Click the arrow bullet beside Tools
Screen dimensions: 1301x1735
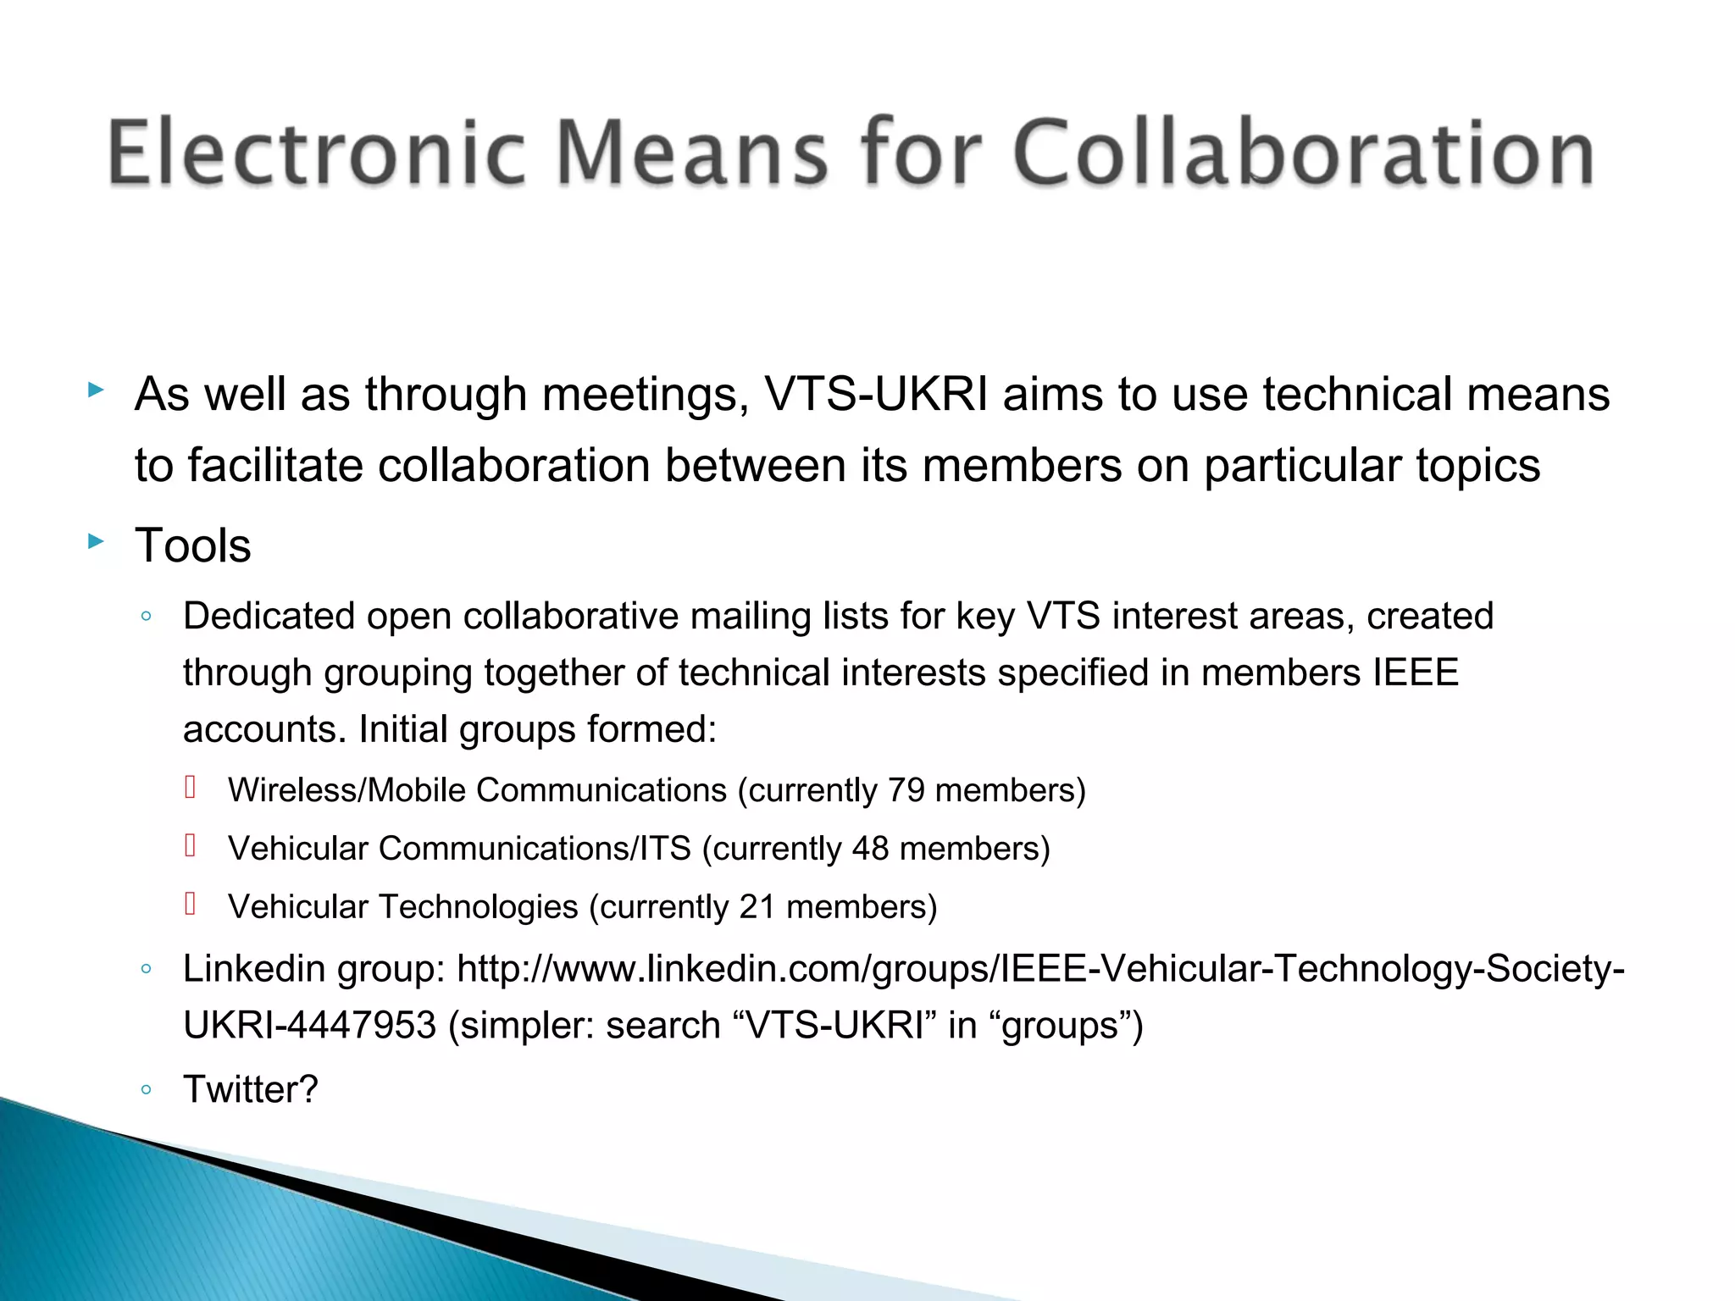click(x=96, y=541)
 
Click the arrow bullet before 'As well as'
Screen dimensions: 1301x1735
click(x=96, y=390)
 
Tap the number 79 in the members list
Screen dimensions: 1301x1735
click(x=906, y=790)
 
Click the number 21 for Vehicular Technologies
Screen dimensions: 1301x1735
click(x=757, y=907)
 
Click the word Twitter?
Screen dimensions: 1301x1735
click(x=251, y=1089)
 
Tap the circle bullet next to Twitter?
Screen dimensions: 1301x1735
click(x=147, y=1090)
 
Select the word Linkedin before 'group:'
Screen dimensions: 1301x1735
click(x=254, y=968)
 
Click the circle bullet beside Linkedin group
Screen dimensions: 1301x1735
click(x=147, y=969)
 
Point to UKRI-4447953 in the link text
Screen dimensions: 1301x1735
click(x=309, y=1026)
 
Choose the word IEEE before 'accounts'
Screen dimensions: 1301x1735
click(x=1416, y=673)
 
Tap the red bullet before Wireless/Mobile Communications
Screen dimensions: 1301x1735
click(x=191, y=789)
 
